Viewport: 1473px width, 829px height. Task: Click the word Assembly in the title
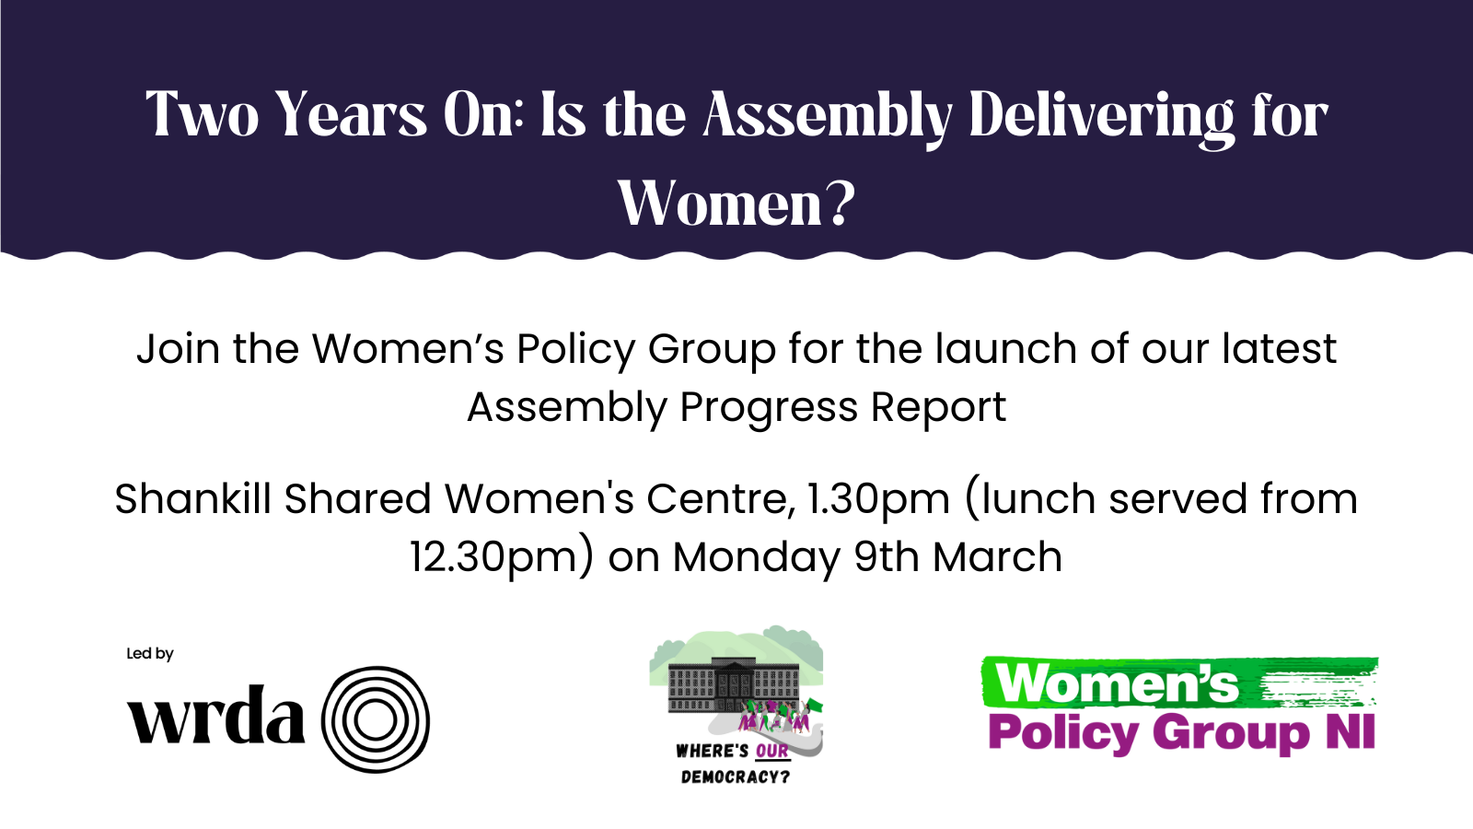[x=828, y=116]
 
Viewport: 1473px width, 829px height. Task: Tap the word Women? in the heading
[x=736, y=204]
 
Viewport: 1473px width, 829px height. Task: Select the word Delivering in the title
[x=1102, y=116]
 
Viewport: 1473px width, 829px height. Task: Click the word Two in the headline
[x=203, y=114]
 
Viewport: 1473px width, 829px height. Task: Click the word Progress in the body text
[x=769, y=408]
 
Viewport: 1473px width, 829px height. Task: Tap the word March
[x=998, y=556]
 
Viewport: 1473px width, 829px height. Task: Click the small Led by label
[x=150, y=653]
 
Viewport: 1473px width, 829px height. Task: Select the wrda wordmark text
[x=216, y=715]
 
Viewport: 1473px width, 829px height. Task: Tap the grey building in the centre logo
[x=733, y=683]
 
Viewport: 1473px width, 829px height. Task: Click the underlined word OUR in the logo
[x=772, y=752]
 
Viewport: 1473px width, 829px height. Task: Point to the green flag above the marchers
[x=815, y=706]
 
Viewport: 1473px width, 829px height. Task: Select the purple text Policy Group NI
[x=1182, y=733]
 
